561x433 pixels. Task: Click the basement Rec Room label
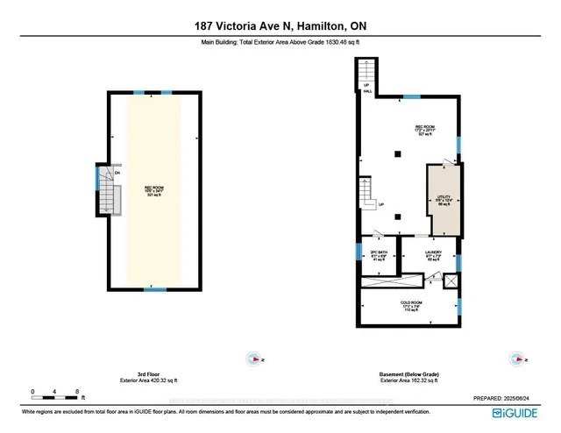pos(426,131)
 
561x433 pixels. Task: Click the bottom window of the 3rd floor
pos(155,289)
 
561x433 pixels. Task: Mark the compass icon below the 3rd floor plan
pos(253,358)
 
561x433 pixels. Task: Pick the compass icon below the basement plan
pos(516,358)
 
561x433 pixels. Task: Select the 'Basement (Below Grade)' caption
pos(408,374)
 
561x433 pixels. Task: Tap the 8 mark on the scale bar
pos(77,391)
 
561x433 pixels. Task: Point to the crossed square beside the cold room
pos(451,281)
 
